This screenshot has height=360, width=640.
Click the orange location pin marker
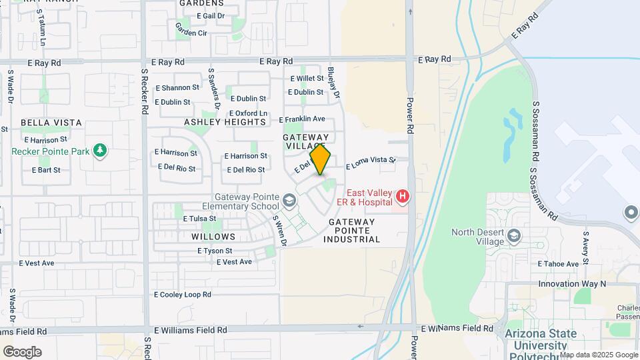point(320,159)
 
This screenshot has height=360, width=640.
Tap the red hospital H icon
point(402,197)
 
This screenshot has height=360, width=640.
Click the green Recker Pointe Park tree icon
point(100,151)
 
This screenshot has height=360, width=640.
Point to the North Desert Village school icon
point(514,236)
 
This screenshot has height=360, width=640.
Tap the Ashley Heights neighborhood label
point(225,122)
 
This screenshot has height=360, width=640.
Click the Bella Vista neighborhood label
point(51,123)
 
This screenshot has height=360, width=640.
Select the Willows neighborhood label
point(213,237)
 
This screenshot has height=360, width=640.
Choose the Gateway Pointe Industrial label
point(351,230)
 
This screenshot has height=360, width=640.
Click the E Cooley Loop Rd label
point(183,294)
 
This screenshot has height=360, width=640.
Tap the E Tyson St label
point(215,251)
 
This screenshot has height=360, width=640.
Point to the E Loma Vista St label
point(371,161)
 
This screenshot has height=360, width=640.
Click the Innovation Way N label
point(572,283)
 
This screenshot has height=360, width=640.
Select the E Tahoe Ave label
point(559,264)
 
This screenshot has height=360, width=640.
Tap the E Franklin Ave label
point(302,119)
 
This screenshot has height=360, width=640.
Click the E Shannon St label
point(177,87)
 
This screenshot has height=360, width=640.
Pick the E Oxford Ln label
point(248,113)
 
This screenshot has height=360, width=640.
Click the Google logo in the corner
point(22,352)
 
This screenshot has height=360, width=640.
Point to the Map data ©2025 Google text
point(599,355)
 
